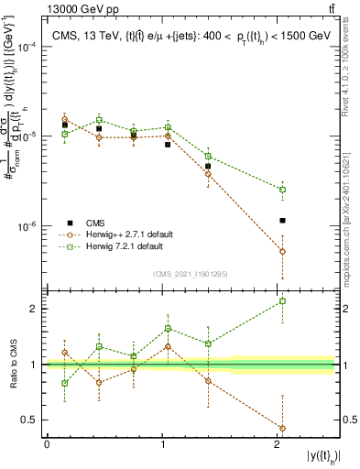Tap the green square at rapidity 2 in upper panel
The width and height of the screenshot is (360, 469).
click(282, 190)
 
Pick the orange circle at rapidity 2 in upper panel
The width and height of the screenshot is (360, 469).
click(282, 251)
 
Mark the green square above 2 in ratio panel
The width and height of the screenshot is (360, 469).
click(282, 301)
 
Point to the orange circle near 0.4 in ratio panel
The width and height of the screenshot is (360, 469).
click(282, 428)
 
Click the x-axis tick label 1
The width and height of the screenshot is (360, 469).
click(163, 444)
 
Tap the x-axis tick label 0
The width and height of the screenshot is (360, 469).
click(47, 444)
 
